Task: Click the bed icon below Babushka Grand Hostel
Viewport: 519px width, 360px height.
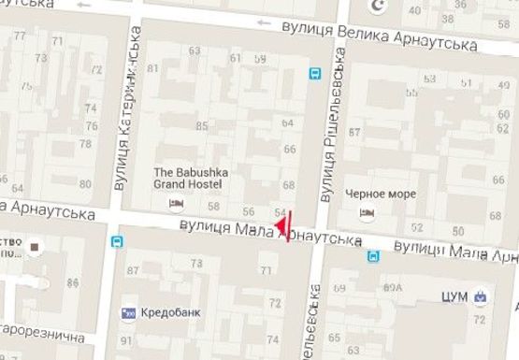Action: coord(174,202)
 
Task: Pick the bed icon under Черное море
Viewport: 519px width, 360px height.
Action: coord(367,212)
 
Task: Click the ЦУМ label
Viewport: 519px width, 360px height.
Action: coord(454,296)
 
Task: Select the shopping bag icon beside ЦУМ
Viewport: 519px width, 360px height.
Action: coord(480,296)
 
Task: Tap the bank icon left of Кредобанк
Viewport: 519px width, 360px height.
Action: coord(129,311)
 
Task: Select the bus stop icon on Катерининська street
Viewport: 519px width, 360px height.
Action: coord(116,242)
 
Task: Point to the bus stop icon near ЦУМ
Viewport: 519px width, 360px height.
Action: coord(373,255)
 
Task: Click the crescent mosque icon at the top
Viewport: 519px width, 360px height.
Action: coord(378,7)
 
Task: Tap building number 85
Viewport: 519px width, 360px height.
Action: coord(201,125)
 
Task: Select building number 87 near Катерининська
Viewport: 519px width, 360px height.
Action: coord(132,271)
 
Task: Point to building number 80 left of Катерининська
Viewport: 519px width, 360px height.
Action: coord(85,184)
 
